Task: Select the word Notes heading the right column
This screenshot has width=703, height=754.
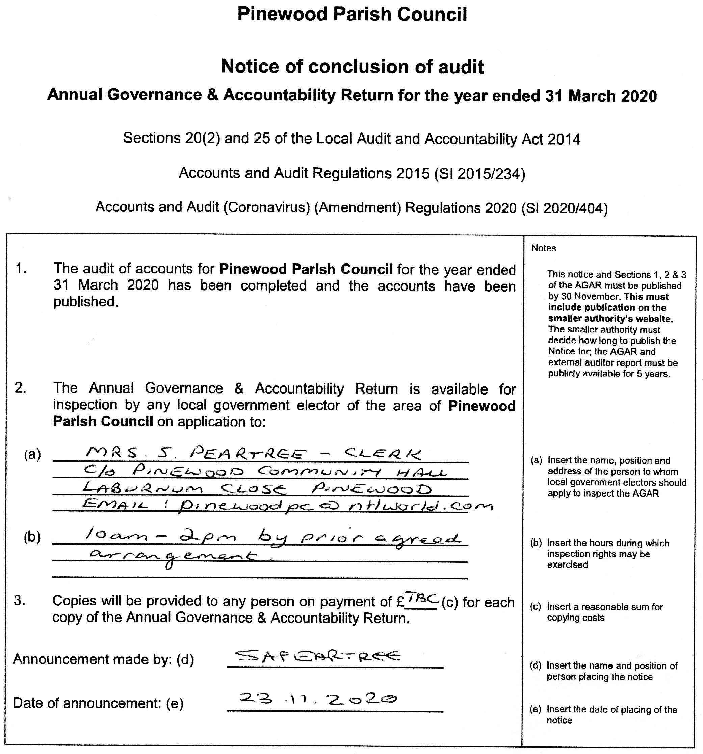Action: click(x=543, y=248)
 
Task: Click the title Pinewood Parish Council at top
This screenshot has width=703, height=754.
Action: click(x=352, y=15)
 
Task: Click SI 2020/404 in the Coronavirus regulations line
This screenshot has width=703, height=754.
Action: click(x=564, y=208)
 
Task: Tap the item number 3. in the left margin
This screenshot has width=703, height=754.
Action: click(x=20, y=601)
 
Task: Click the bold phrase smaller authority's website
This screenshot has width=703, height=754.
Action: click(x=610, y=319)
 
